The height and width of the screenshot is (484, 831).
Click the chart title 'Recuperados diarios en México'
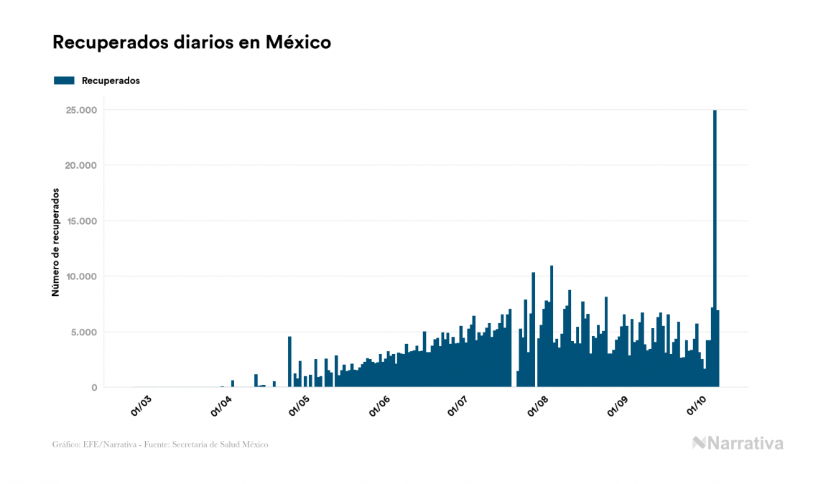click(x=192, y=42)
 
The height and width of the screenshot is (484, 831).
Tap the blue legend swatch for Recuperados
click(x=64, y=80)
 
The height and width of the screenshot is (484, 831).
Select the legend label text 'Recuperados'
click(x=111, y=80)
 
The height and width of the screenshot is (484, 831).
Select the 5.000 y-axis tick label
click(x=83, y=332)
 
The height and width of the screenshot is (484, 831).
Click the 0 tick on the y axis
click(x=93, y=388)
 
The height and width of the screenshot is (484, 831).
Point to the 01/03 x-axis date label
click(x=141, y=406)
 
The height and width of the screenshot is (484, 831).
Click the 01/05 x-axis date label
click(x=300, y=406)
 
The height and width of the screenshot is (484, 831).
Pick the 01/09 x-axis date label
click(x=618, y=406)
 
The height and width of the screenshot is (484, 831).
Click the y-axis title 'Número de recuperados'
click(x=55, y=243)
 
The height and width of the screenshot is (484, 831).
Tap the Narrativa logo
click(x=738, y=443)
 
